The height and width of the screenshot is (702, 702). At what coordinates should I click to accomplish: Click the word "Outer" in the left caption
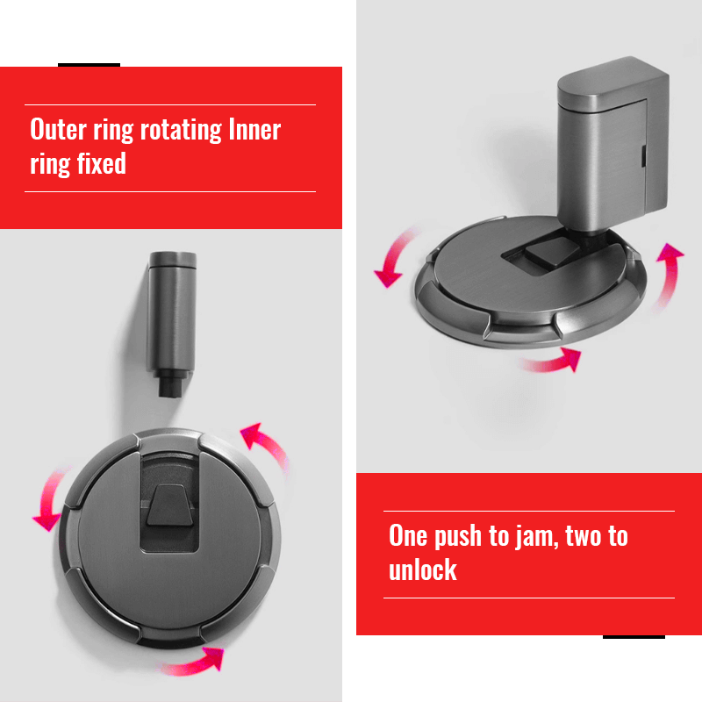click(x=58, y=129)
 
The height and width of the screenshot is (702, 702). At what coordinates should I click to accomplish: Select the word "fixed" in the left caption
click(x=102, y=163)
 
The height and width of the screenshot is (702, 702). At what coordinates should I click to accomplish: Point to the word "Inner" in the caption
click(x=254, y=129)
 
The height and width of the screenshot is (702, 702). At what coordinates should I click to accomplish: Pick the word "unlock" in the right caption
click(x=423, y=569)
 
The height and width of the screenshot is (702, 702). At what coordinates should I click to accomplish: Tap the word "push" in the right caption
click(x=458, y=536)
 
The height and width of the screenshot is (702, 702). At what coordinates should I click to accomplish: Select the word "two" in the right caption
click(x=584, y=535)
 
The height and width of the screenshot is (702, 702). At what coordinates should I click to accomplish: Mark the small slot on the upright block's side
click(x=643, y=157)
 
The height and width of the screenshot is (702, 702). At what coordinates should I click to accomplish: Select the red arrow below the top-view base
click(x=191, y=662)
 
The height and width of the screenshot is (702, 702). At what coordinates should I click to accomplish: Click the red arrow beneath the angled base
click(x=552, y=361)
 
